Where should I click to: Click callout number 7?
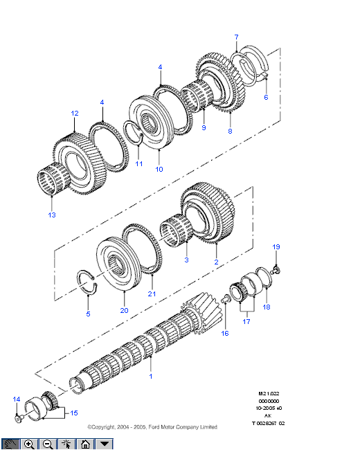(236, 37)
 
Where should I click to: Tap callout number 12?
(75, 114)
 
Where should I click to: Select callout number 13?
(52, 215)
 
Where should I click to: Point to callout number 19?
(276, 247)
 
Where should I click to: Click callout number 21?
(152, 294)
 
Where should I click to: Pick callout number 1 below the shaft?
(151, 376)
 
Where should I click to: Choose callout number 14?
(17, 399)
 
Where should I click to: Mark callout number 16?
(225, 333)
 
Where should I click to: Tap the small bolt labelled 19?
(276, 270)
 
